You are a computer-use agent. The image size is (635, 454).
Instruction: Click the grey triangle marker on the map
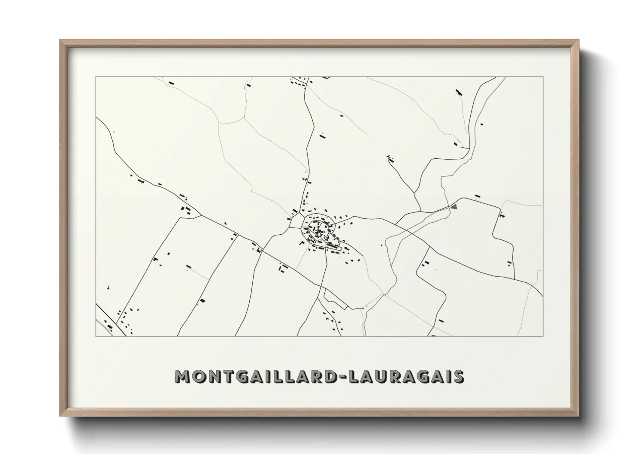click(454, 206)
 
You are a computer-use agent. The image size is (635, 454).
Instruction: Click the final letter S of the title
click(458, 376)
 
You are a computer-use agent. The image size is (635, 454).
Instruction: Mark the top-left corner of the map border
click(96, 77)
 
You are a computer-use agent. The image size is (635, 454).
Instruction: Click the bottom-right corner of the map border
click(543, 336)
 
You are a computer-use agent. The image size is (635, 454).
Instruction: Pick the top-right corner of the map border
click(543, 77)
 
